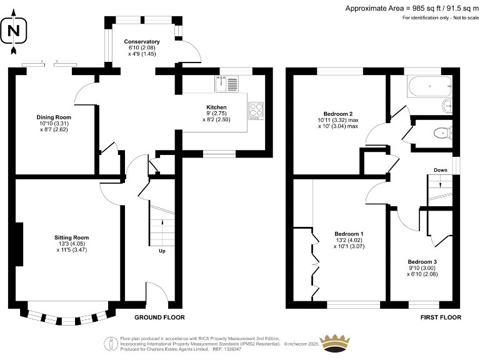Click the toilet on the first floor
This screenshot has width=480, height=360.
[442, 132]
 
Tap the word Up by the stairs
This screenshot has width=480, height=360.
[162, 251]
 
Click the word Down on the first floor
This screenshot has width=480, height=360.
[440, 169]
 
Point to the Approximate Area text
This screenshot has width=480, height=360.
[412, 8]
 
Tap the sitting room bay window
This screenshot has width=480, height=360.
[69, 316]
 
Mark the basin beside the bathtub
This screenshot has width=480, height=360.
[446, 104]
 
